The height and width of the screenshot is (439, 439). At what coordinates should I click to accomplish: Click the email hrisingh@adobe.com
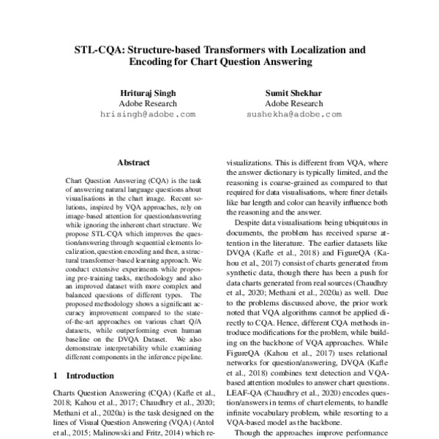pyautogui.click(x=148, y=115)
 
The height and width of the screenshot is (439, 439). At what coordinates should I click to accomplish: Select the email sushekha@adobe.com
pyautogui.click(x=293, y=115)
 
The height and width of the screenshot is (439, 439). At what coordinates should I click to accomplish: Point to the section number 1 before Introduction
pyautogui.click(x=56, y=375)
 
